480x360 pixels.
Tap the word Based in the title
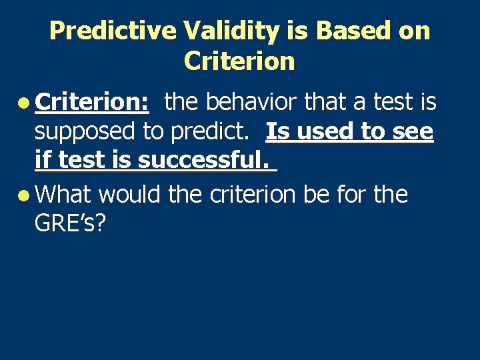(x=342, y=31)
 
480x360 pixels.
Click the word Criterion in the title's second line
(x=239, y=61)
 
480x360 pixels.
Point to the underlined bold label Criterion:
(x=92, y=102)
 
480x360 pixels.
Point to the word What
(x=64, y=195)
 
